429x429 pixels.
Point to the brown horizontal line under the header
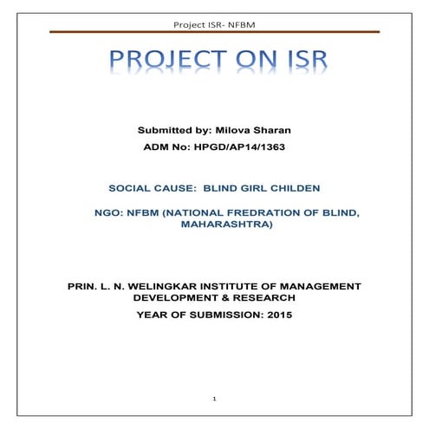(x=214, y=31)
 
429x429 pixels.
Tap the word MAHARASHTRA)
(x=226, y=224)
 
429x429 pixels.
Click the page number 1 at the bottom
(x=214, y=398)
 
